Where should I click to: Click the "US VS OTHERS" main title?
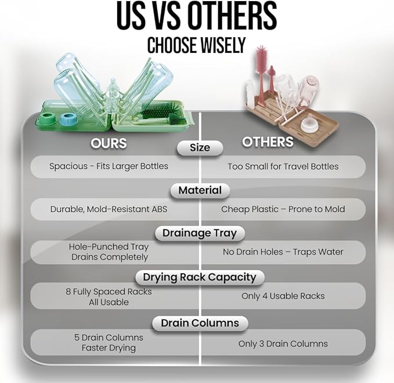pos(197,16)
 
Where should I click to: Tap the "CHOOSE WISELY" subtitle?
pos(196,45)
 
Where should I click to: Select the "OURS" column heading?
pos(109,143)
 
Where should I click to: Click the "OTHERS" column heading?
pos(268,142)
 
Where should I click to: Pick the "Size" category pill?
pos(200,148)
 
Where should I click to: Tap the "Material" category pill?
pos(200,190)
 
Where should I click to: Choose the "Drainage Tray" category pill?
pos(200,233)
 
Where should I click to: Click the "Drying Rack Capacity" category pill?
pos(200,277)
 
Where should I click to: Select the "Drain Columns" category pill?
pos(200,323)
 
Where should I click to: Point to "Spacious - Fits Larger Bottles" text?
pos(109,167)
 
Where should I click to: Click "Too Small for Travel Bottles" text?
pos(283,167)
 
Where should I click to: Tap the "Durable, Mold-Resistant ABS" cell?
pos(109,209)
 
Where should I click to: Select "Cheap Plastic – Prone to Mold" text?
pos(283,209)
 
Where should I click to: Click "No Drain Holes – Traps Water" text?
pos(283,252)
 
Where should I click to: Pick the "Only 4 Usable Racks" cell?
pos(283,296)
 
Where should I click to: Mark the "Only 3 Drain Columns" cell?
pos(283,344)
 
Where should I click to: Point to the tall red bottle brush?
pos(262,73)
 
